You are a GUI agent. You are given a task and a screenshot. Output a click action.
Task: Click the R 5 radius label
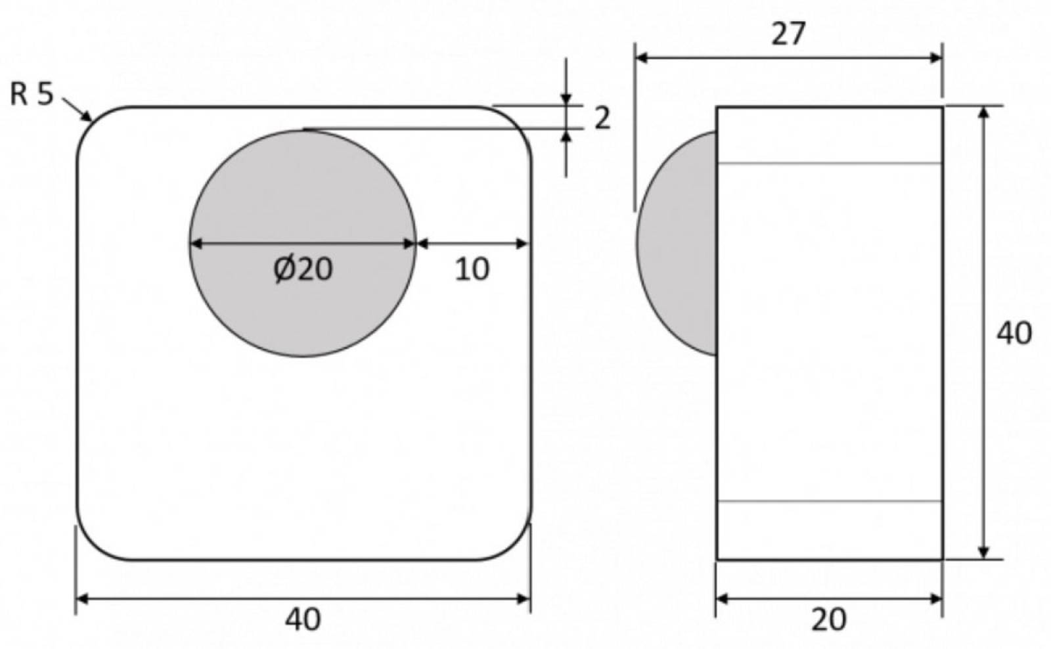pyautogui.click(x=32, y=95)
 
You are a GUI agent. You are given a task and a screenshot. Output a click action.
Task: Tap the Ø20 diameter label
pyautogui.click(x=303, y=269)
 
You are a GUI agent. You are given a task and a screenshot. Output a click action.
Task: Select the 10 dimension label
pyautogui.click(x=472, y=269)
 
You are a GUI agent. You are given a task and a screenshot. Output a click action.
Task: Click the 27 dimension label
pyautogui.click(x=788, y=34)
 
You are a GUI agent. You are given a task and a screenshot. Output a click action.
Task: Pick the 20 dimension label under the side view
pyautogui.click(x=829, y=620)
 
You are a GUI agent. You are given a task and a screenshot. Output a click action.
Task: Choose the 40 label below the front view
pyautogui.click(x=303, y=620)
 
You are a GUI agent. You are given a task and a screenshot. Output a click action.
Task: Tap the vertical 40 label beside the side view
pyautogui.click(x=1014, y=334)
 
